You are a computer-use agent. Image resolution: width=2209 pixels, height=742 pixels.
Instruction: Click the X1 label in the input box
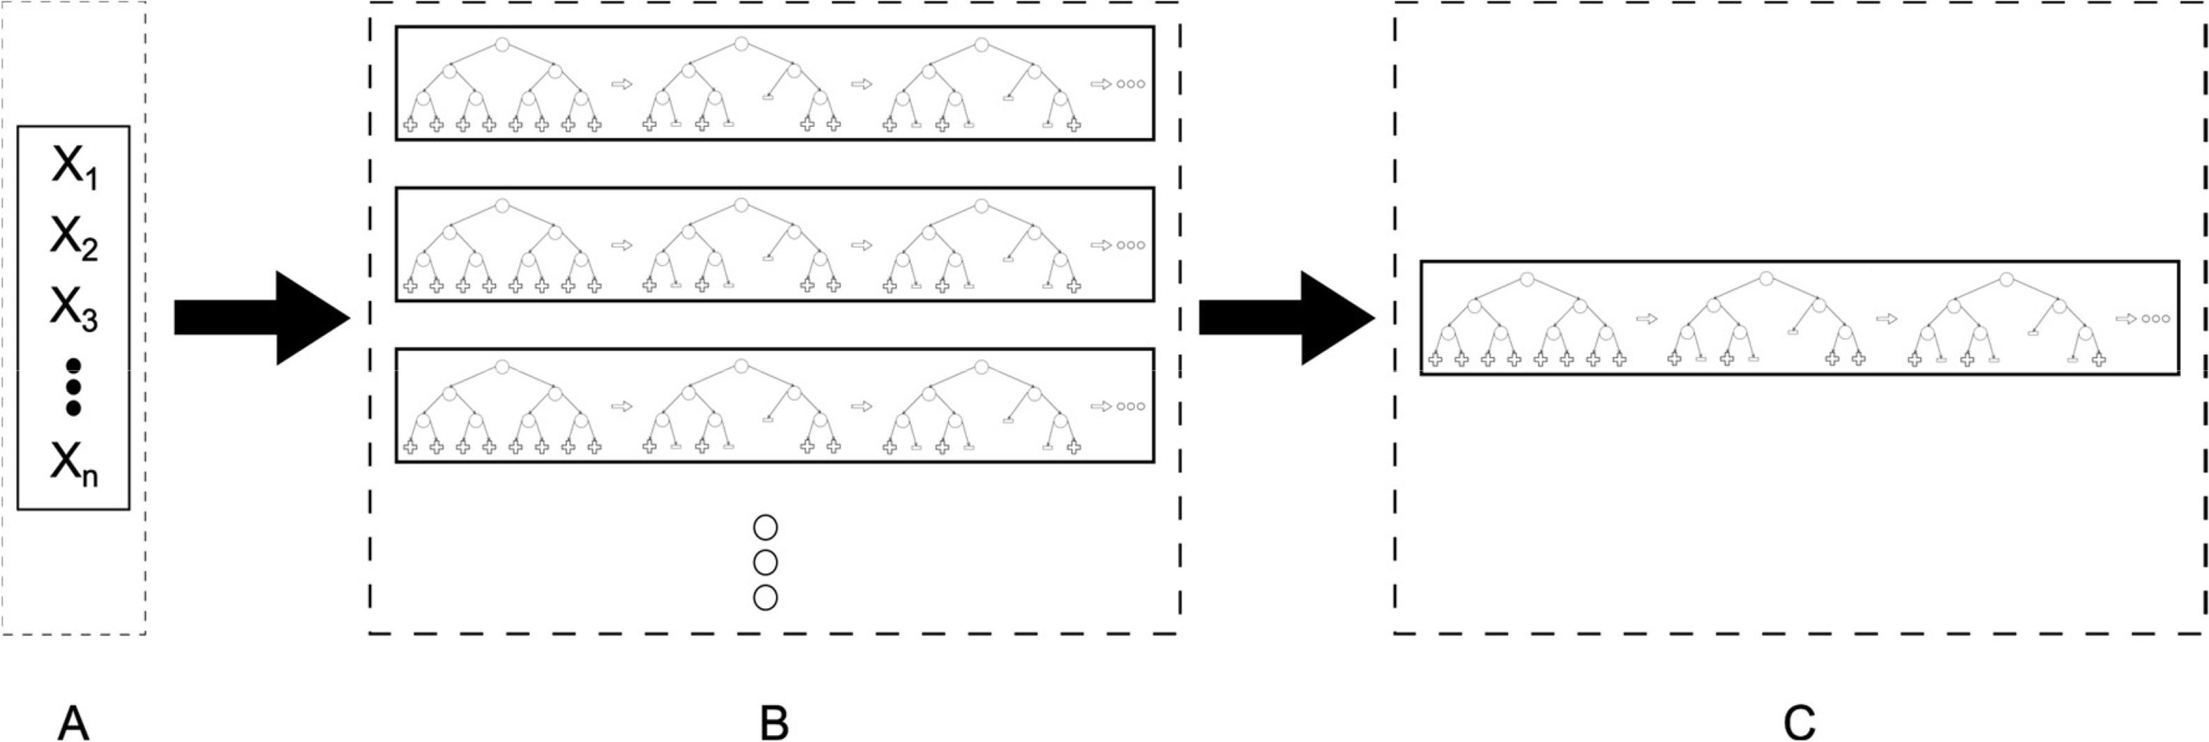pos(74,167)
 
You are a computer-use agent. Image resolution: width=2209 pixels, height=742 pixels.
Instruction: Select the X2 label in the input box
pos(74,238)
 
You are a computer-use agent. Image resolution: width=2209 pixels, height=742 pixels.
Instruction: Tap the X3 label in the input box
pos(74,308)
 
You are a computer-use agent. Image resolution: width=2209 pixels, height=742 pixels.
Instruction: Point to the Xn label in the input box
pos(74,464)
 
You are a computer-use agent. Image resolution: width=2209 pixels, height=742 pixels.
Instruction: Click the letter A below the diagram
pos(73,722)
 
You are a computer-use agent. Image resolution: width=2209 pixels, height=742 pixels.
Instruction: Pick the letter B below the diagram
pos(774,722)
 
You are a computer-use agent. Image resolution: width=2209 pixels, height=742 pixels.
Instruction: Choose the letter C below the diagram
pos(1799,722)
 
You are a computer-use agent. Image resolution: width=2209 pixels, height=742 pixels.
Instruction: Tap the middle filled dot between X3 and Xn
pos(74,387)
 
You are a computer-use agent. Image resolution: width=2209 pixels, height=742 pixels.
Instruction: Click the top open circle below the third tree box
pos(765,527)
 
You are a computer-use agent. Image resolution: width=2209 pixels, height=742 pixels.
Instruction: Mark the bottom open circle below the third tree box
pos(765,597)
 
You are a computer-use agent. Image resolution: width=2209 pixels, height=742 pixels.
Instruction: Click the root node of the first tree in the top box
pos(502,44)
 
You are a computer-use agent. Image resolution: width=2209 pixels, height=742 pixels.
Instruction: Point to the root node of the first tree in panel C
pos(1526,280)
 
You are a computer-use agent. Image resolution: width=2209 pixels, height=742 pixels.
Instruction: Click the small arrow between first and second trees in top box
pos(621,84)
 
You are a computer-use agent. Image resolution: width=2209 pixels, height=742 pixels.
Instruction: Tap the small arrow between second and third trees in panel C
pos(1886,319)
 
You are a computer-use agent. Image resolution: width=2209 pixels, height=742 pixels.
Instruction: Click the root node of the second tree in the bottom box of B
pos(741,366)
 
